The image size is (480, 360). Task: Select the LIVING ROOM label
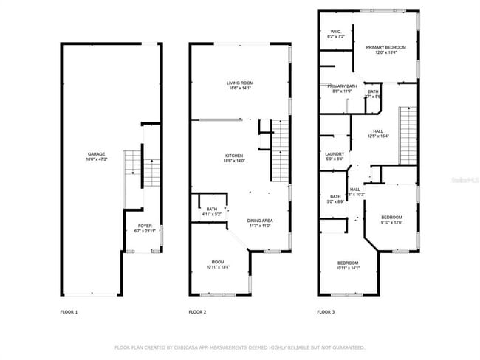(x=239, y=83)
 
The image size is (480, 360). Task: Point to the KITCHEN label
(x=235, y=156)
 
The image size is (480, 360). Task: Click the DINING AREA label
(x=260, y=221)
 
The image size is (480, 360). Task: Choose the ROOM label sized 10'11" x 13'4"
(x=218, y=262)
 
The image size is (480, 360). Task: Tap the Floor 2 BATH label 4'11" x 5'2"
(x=212, y=210)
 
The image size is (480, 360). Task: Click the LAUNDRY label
(x=335, y=155)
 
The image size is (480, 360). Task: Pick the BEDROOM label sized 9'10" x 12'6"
(x=391, y=218)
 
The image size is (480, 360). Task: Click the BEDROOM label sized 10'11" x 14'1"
(x=348, y=263)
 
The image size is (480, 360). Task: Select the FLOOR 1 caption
(x=69, y=312)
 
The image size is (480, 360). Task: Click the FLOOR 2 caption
(x=197, y=312)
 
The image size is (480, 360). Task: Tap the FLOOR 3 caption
(x=326, y=312)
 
